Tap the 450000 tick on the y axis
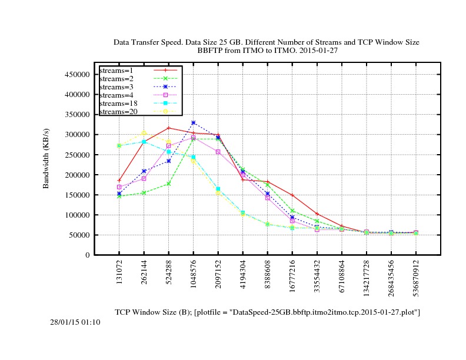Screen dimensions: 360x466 tap(76, 75)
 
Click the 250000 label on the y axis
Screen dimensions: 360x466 tap(76, 155)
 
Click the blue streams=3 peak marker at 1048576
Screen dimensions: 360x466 tap(194, 123)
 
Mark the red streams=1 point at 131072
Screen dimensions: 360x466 tap(119, 181)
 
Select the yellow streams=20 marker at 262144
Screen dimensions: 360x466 tap(144, 133)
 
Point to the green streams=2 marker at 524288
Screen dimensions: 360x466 tap(169, 184)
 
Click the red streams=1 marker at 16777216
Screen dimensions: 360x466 tap(292, 195)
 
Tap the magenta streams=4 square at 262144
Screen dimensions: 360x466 tap(144, 178)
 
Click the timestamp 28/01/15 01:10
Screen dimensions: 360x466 tap(75, 322)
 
